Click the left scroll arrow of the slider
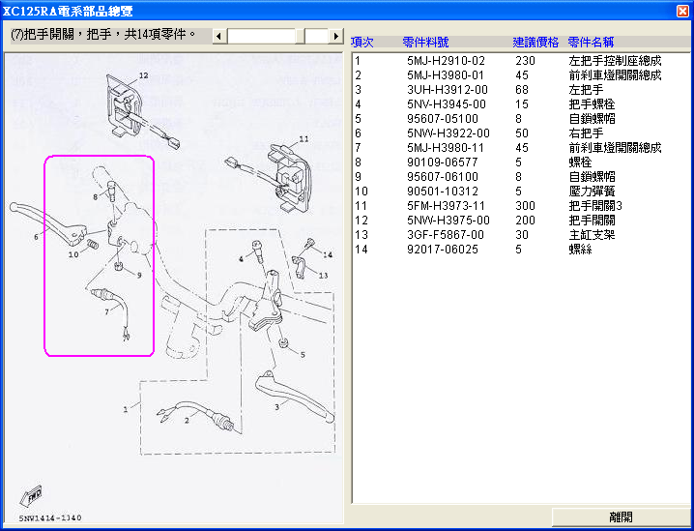pos(217,36)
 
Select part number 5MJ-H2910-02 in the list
pos(446,60)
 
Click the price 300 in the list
pos(524,205)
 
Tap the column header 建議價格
pos(535,43)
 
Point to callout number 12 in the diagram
pos(143,74)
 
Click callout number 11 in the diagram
pos(304,139)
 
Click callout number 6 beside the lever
pos(36,236)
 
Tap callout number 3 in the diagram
pos(276,408)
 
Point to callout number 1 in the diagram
pos(125,409)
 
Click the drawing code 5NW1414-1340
pos(47,518)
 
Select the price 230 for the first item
pos(524,60)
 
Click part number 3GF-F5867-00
pos(448,234)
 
